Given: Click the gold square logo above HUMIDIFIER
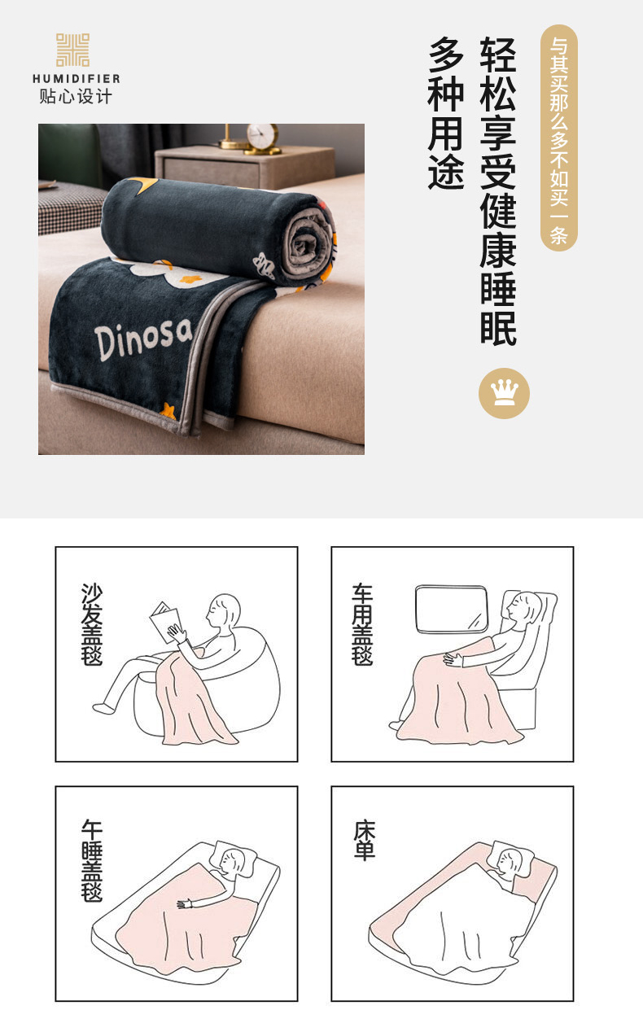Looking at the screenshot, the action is point(72,50).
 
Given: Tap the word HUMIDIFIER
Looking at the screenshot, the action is point(77,79).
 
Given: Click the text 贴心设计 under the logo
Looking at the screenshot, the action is point(76,97).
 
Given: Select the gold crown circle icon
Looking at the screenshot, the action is point(504,393).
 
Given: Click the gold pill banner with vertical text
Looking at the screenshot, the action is point(559,138).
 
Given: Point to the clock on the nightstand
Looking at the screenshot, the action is point(262,136).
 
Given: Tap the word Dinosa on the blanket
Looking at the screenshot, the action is point(143,338).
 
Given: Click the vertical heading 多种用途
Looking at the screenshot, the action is point(446,113).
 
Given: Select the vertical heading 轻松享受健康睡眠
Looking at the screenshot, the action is point(498,191).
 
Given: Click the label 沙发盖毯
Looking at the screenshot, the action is point(92,624).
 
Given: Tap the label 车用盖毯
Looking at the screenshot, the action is point(362,624).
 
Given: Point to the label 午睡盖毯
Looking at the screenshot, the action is point(92,861).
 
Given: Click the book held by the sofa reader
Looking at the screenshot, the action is point(165,622).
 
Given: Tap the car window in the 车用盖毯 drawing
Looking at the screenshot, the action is point(452,610).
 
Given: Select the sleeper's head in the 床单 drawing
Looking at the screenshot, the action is point(510,860).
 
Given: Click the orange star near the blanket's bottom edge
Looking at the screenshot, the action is point(168,410).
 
